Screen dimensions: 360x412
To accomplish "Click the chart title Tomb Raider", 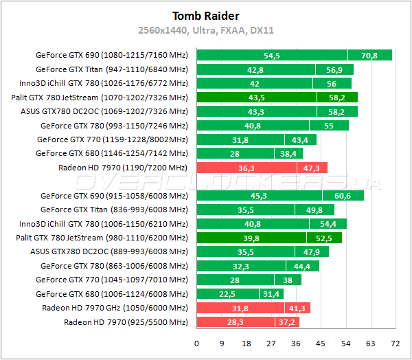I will coord(205,16).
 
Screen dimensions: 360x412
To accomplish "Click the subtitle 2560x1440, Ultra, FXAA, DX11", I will coord(205,30).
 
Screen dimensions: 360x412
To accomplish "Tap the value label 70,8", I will coord(369,55).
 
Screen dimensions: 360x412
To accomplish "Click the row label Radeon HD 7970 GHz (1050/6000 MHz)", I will coord(115,308).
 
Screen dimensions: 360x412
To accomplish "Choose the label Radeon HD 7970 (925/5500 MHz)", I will coord(126,322).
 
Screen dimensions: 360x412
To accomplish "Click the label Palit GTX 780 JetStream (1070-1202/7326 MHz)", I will coord(100,98).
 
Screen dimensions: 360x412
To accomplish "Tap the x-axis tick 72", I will coord(394,343).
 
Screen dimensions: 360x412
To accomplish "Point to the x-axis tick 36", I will coord(295,343).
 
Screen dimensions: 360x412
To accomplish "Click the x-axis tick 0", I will coord(196,343).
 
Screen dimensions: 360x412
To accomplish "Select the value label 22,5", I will coord(227,294).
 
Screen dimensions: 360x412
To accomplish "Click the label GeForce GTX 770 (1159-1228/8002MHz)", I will coord(112,139).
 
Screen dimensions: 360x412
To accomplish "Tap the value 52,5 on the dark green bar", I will coord(323,238).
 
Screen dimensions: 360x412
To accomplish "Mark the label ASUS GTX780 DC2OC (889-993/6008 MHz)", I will coord(109,251).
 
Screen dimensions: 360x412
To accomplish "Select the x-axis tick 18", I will coord(246,343).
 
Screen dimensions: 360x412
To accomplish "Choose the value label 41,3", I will coord(297,308).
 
